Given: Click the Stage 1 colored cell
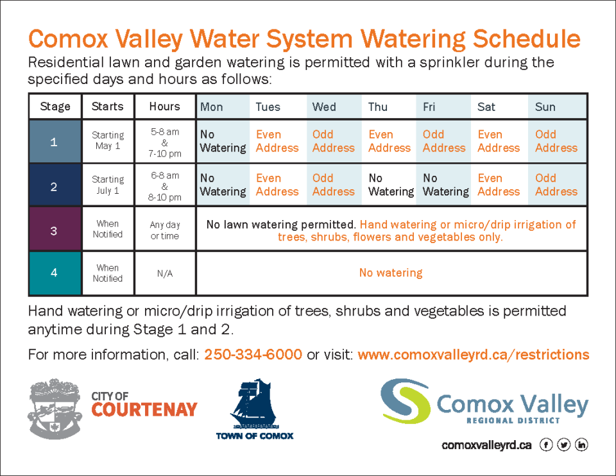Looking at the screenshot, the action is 55,141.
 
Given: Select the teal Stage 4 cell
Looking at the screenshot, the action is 55,273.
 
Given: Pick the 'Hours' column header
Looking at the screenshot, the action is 165,106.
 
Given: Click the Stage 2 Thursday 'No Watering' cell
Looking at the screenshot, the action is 389,185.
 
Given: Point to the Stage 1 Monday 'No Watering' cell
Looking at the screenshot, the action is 223,141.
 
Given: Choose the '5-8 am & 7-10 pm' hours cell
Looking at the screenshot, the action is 165,142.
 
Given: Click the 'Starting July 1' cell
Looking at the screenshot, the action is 108,185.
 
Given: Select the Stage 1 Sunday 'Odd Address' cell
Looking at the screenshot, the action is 557,141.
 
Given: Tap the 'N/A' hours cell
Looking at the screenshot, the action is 165,273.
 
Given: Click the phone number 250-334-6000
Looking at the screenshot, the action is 253,354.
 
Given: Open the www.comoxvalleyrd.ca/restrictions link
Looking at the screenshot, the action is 474,354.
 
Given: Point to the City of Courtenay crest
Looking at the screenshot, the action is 55,409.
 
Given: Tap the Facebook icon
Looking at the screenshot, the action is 546,445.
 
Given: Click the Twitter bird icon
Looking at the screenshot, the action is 564,445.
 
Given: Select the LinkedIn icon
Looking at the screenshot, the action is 581,445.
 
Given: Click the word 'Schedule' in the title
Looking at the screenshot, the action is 526,38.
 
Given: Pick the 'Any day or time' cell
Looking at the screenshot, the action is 165,230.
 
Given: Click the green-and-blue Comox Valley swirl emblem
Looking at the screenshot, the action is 406,400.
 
